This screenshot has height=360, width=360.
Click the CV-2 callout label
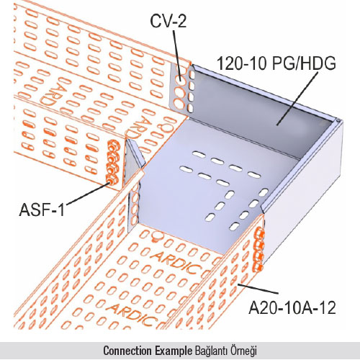pyautogui.click(x=168, y=21)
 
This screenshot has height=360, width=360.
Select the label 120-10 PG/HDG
pyautogui.click(x=276, y=63)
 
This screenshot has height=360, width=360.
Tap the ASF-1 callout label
pyautogui.click(x=42, y=210)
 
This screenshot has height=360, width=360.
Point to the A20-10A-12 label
pyautogui.click(x=292, y=308)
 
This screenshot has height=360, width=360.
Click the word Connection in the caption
pyautogui.click(x=127, y=351)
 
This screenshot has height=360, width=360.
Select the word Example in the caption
pyautogui.click(x=174, y=351)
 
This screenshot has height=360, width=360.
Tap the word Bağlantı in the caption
pyautogui.click(x=211, y=351)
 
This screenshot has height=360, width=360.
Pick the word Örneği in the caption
pyautogui.click(x=243, y=351)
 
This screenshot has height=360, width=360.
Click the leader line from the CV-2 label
pyautogui.click(x=176, y=53)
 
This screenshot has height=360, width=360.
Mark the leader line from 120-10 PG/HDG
pyautogui.click(x=297, y=99)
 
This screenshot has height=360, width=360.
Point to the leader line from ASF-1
pyautogui.click(x=88, y=194)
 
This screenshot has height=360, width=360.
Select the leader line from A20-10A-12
pyautogui.click(x=258, y=289)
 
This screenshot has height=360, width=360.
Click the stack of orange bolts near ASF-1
pyautogui.click(x=113, y=163)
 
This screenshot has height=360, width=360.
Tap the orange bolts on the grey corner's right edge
pyautogui.click(x=258, y=250)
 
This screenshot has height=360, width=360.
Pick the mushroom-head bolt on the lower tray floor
pyautogui.click(x=157, y=236)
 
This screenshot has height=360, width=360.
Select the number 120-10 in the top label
pyautogui.click(x=242, y=63)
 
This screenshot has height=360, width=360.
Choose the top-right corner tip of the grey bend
pyautogui.click(x=339, y=120)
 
